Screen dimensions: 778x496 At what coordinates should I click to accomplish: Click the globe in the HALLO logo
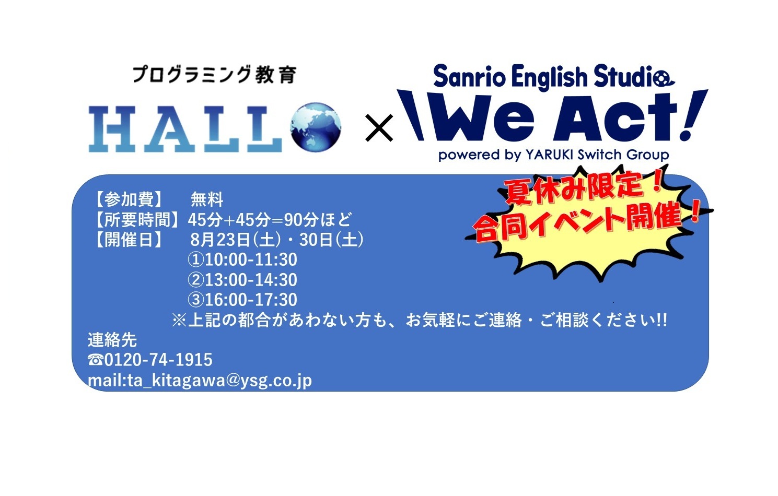tap(316, 127)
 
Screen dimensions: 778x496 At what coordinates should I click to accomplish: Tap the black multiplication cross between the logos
tap(379, 128)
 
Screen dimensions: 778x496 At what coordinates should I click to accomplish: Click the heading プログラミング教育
tap(215, 75)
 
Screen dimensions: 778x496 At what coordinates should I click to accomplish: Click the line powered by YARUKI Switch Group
tap(554, 155)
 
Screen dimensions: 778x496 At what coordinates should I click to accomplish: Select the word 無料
tap(207, 199)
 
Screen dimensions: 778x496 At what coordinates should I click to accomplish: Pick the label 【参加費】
tap(129, 199)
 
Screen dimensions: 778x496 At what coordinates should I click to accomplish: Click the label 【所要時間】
tap(137, 219)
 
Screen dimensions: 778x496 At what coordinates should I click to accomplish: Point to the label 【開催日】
tap(129, 240)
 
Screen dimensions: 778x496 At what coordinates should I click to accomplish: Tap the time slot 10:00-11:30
tap(251, 259)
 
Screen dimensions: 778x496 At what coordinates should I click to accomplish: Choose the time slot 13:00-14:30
tap(251, 280)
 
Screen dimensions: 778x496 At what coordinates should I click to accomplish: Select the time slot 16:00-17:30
tap(251, 300)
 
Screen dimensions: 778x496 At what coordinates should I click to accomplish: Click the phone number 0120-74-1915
tap(158, 360)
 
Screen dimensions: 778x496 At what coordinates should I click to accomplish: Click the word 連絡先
tap(112, 340)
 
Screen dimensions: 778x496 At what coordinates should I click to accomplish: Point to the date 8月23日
tap(220, 240)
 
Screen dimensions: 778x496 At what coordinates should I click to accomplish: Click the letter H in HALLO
tap(112, 129)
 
